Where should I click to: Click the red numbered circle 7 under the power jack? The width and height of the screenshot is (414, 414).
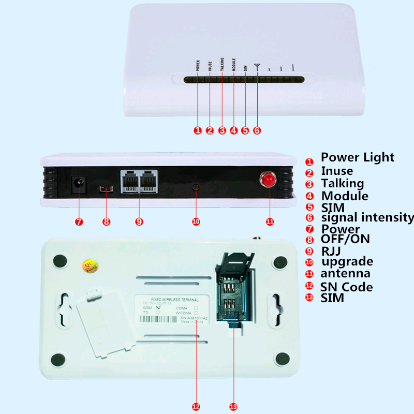(x=79, y=222)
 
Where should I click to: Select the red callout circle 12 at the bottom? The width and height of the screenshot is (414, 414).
(x=196, y=407)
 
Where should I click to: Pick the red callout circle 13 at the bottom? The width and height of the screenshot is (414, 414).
(x=232, y=407)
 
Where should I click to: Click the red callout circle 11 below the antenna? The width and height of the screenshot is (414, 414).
(x=269, y=221)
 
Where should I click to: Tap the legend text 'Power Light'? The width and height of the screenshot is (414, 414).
(x=357, y=157)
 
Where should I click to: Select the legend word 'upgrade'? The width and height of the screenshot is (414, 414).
(x=346, y=261)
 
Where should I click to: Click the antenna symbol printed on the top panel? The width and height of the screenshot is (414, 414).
(x=257, y=67)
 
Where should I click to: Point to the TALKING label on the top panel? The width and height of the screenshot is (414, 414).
(x=222, y=66)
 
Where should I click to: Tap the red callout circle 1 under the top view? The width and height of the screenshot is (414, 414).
(x=197, y=130)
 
